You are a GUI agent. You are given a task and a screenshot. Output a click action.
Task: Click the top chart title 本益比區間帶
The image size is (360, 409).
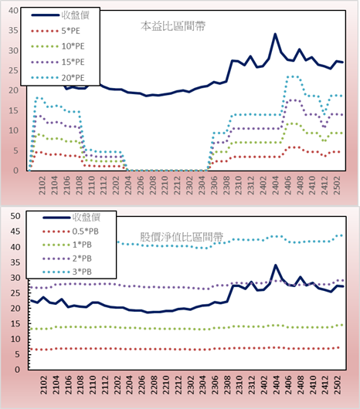pyautogui.click(x=173, y=26)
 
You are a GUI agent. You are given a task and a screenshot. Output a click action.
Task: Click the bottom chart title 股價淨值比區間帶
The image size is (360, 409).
pyautogui.click(x=182, y=237)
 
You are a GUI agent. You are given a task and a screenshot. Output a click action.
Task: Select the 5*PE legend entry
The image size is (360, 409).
pyautogui.click(x=56, y=31)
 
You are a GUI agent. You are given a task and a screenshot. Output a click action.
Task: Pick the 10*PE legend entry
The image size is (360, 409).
pyautogui.click(x=58, y=46)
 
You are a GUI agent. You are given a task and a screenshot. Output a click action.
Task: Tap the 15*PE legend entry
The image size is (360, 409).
pyautogui.click(x=58, y=62)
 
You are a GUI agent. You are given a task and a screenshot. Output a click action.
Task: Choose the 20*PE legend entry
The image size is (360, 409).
pyautogui.click(x=58, y=78)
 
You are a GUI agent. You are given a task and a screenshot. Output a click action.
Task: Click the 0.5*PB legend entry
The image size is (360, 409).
pyautogui.click(x=70, y=232)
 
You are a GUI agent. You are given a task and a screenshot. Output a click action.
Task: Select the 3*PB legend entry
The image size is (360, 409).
pyautogui.click(x=67, y=272)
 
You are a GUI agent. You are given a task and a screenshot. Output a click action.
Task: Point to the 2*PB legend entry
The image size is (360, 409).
pyautogui.click(x=67, y=259)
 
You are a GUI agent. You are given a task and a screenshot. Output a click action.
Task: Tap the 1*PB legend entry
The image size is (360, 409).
pyautogui.click(x=67, y=245)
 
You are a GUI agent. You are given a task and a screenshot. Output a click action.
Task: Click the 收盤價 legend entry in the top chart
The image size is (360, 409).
pyautogui.click(x=60, y=15)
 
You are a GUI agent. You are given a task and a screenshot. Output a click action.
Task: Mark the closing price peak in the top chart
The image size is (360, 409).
pyautogui.click(x=275, y=34)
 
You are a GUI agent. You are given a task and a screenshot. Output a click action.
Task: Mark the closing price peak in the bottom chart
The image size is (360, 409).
pyautogui.click(x=276, y=265)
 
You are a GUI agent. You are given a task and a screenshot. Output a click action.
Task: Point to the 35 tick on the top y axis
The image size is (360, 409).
pyautogui.click(x=14, y=30)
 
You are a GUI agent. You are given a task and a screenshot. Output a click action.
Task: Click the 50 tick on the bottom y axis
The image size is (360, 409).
pyautogui.click(x=15, y=216)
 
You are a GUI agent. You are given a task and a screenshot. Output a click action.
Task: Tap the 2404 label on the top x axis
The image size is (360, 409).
pyautogui.click(x=276, y=185)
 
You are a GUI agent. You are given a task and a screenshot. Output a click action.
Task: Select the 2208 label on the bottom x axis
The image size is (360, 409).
pyautogui.click(x=154, y=385)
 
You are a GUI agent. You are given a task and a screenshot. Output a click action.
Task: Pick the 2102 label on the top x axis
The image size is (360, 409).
pyautogui.click(x=42, y=185)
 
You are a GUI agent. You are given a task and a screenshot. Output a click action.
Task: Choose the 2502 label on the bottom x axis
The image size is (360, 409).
pyautogui.click(x=338, y=385)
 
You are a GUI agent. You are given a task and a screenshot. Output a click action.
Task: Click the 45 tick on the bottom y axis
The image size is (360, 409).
pyautogui.click(x=15, y=232)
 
